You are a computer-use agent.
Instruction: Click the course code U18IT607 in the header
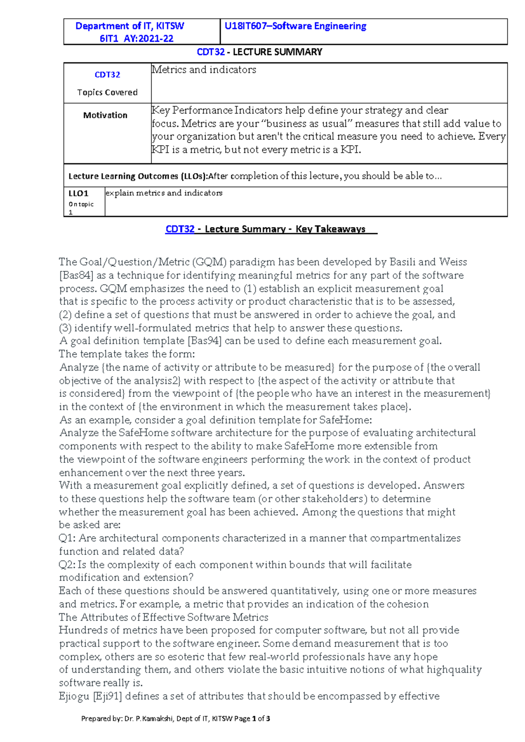245,26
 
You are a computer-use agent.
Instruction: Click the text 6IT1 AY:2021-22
136,38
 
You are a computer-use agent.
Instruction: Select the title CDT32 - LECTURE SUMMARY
259,52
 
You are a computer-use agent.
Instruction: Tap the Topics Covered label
107,92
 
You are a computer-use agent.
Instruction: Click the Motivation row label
105,115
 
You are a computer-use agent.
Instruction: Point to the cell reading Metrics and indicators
204,70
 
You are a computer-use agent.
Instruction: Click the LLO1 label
78,193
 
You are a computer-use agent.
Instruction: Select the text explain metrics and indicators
164,193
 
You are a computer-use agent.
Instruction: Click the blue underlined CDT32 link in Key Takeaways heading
180,229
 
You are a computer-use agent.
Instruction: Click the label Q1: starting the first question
67,538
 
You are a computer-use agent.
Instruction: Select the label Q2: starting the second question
67,564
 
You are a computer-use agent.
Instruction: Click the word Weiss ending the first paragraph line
453,262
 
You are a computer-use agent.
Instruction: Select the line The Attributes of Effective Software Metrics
164,617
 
